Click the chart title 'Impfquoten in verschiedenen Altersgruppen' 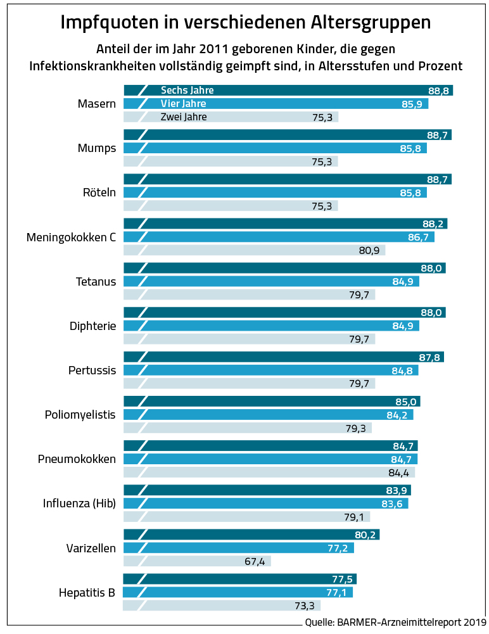pos(245,22)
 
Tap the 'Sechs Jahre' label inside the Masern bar pos(187,91)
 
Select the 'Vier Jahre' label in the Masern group pos(183,104)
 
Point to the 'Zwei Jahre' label pos(184,117)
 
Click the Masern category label pos(96,104)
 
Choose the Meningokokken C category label pos(71,238)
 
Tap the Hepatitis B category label pos(87,593)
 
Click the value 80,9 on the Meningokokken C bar pos(369,251)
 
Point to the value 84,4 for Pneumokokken pos(398,472)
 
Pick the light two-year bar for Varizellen pos(196,561)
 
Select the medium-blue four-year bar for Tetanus pos(272,282)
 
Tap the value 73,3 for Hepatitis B pos(305,606)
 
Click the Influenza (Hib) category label pos(79,504)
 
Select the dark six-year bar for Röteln pos(285,180)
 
